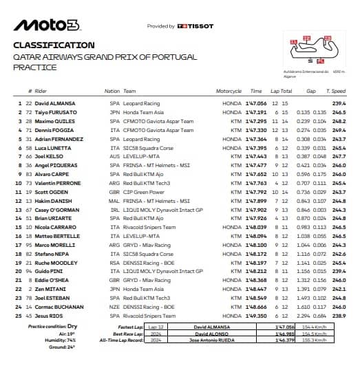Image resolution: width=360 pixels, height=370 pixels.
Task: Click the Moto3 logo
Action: click(46, 26)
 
